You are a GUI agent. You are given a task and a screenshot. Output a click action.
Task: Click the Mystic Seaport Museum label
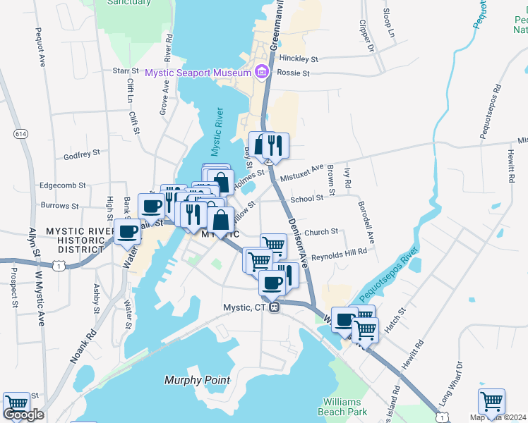click(198, 73)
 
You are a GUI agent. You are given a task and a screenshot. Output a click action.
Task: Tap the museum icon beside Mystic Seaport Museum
click(261, 72)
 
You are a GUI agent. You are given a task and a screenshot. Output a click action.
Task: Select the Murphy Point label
click(197, 380)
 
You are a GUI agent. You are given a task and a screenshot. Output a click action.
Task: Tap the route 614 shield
click(20, 133)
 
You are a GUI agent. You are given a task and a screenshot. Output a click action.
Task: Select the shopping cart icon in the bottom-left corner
click(16, 405)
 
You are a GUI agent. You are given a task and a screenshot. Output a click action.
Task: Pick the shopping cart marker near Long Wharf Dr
click(491, 401)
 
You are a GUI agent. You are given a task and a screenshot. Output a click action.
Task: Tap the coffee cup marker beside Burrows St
click(151, 206)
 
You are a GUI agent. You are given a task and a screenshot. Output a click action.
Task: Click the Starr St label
click(126, 71)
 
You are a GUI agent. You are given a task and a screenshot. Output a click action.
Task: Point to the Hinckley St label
click(299, 59)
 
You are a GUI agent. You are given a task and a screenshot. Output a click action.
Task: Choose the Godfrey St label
click(78, 157)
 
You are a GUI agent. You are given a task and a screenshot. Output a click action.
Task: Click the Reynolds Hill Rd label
click(339, 251)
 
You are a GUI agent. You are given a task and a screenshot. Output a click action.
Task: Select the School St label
click(306, 199)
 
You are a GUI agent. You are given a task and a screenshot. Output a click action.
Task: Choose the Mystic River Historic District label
click(80, 240)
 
